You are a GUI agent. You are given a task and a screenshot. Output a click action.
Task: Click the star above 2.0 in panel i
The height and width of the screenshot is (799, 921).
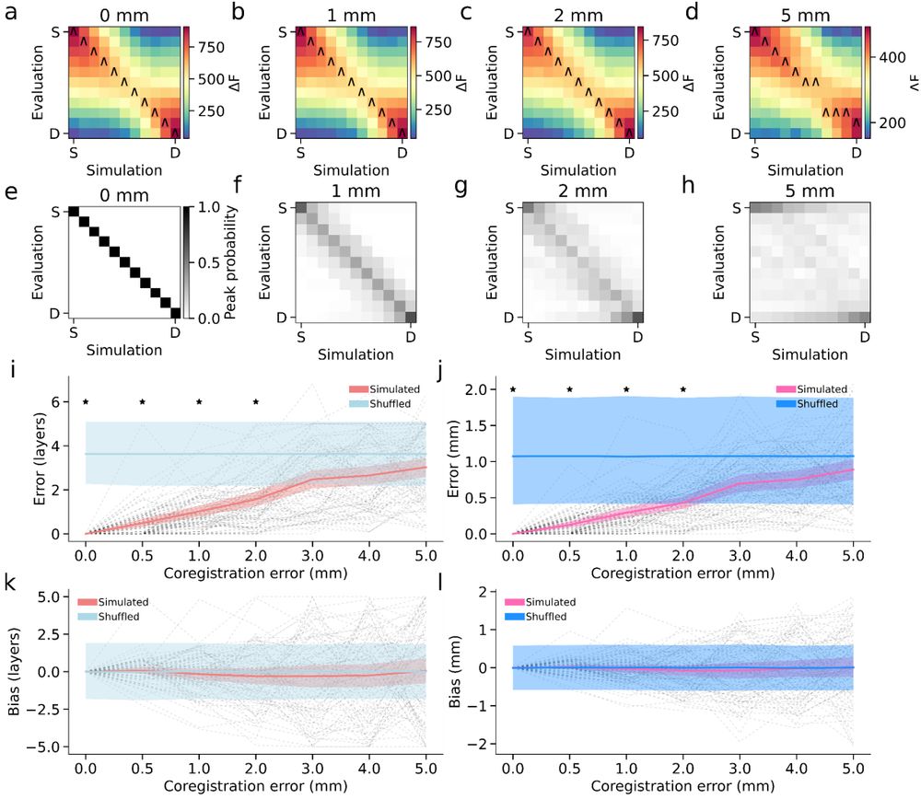click(x=257, y=401)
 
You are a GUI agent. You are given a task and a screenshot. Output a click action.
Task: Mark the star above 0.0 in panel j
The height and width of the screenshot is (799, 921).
click(x=512, y=389)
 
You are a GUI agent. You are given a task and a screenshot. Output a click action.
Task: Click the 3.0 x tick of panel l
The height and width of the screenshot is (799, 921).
click(x=740, y=765)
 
